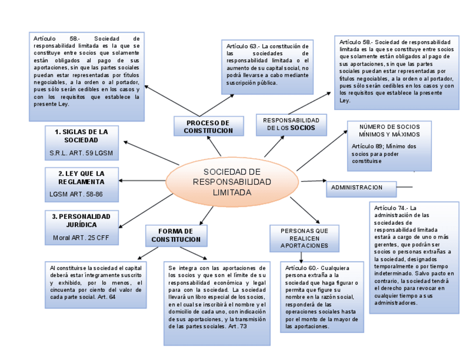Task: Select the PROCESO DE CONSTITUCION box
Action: (208, 126)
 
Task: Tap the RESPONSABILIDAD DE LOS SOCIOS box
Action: (291, 124)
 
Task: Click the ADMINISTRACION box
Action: (362, 188)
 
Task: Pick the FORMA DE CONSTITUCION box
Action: (176, 235)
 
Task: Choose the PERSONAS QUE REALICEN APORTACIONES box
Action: (304, 238)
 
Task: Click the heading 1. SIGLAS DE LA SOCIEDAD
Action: (81, 136)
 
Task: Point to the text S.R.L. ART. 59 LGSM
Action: (81, 152)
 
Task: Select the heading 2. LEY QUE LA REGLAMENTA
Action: (81, 178)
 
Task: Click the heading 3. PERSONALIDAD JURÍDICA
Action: (81, 220)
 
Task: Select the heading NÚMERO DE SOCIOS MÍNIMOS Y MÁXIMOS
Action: (389, 131)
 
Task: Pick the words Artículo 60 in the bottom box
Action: (301, 268)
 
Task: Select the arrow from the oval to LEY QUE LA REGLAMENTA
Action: (142, 181)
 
